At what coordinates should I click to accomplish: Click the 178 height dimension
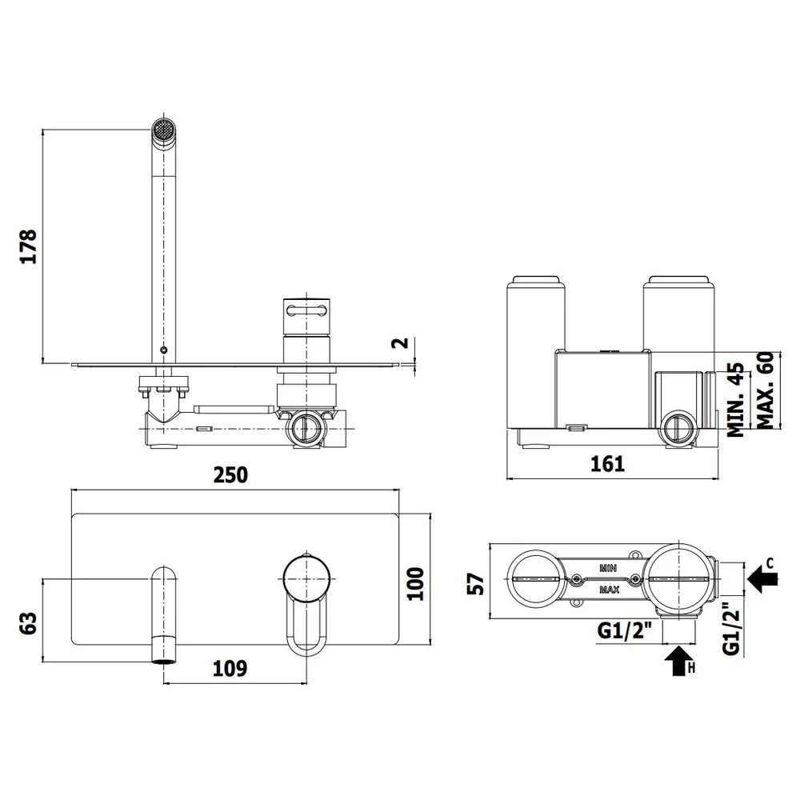(29, 246)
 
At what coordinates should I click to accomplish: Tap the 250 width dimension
(230, 475)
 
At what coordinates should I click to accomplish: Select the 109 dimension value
(230, 668)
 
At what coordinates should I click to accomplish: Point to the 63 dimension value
(29, 623)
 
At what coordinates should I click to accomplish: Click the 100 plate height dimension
(416, 584)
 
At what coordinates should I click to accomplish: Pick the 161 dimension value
(607, 464)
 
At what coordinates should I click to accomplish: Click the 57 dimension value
(475, 584)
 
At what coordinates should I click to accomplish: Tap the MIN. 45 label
(736, 399)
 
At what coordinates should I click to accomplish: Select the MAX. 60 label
(766, 390)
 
